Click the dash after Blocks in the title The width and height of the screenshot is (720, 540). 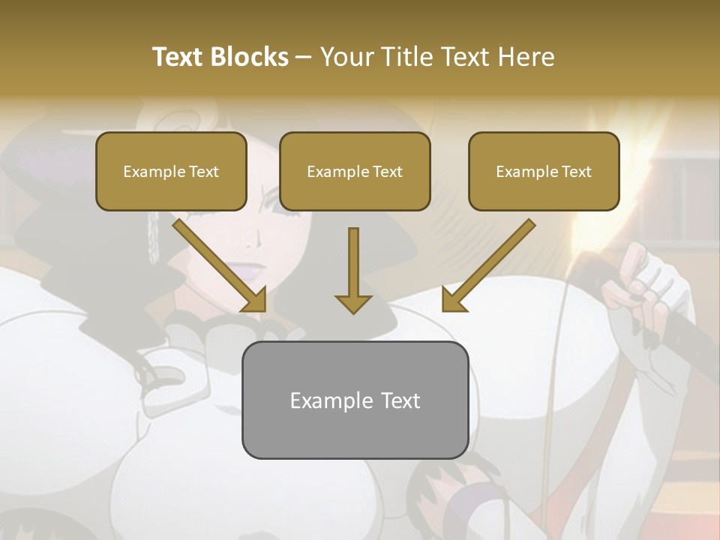coord(304,57)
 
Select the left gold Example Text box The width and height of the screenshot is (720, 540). coord(171,171)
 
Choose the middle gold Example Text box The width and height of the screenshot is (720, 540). coord(355,171)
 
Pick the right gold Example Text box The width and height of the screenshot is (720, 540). coord(544,171)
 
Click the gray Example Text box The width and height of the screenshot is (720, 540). coord(355,400)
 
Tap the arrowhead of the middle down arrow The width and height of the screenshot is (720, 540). coord(353,303)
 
